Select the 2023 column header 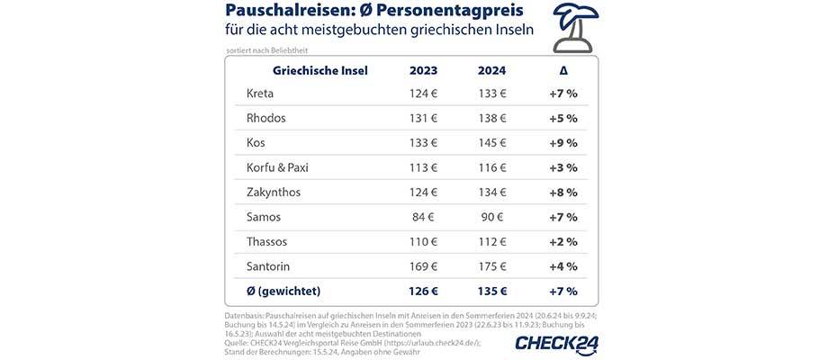[x=423, y=71]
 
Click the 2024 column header [x=492, y=71]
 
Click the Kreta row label [x=261, y=94]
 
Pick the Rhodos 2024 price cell [x=492, y=118]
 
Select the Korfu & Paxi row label [x=281, y=167]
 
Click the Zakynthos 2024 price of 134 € [x=492, y=193]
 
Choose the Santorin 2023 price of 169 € [x=423, y=266]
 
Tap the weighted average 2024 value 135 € [x=492, y=292]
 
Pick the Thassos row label [x=268, y=242]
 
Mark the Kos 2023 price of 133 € [x=423, y=143]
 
